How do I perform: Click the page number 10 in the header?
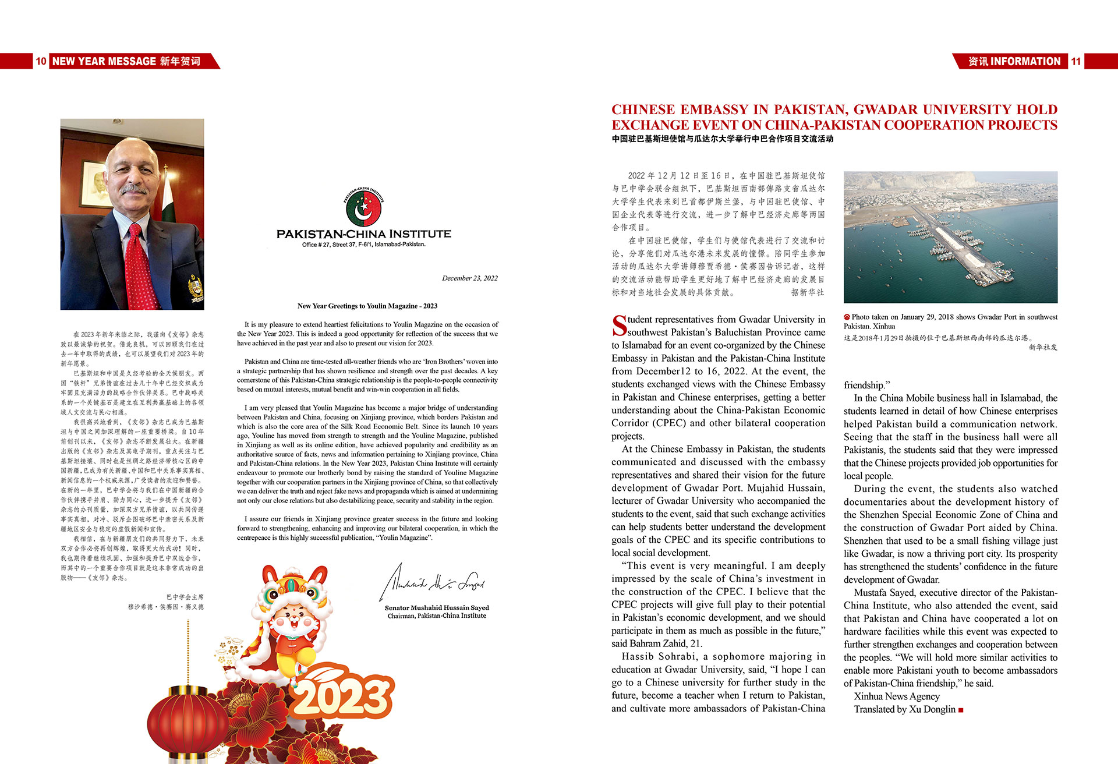click(x=41, y=61)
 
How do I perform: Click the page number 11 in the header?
click(x=1075, y=61)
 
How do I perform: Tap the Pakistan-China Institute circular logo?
click(x=363, y=207)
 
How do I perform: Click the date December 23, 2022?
click(x=469, y=278)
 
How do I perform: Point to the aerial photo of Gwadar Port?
click(x=950, y=237)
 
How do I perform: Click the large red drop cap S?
click(x=619, y=326)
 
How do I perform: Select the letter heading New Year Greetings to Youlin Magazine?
click(x=367, y=306)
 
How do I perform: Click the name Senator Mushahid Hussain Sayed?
click(x=437, y=607)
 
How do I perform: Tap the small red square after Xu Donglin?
click(x=961, y=710)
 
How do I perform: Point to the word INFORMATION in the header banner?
click(x=1025, y=61)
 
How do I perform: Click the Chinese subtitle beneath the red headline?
click(x=722, y=139)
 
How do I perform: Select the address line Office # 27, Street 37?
click(x=363, y=245)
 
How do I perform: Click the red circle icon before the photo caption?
click(x=847, y=317)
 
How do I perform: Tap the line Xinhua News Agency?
click(x=897, y=696)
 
